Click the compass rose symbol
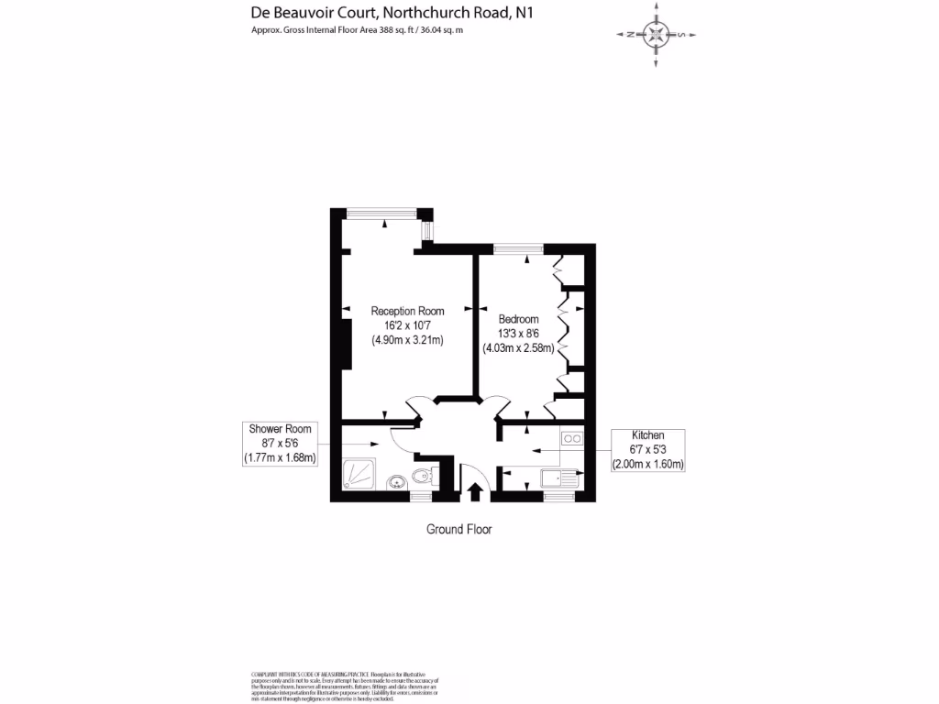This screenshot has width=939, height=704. coord(656,35)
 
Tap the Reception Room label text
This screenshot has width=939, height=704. coord(407,311)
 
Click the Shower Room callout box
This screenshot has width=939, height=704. coord(280,443)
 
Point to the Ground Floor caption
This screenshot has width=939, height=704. coord(458,529)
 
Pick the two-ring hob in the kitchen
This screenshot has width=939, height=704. coord(573,439)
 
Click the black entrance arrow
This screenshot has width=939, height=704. coord(475,491)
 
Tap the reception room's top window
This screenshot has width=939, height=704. coord(383,213)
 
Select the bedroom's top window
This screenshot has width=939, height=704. coord(517,247)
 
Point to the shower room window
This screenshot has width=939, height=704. coord(421,496)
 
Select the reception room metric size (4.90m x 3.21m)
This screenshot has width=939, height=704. coord(407,340)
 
